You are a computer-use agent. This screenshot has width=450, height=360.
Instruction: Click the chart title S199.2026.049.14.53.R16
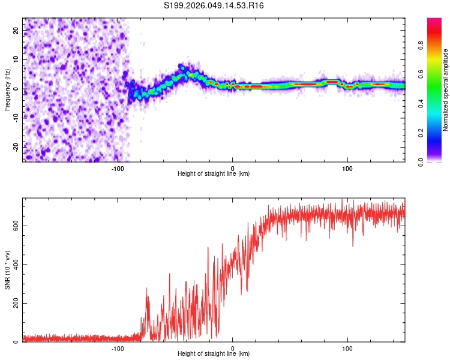(214, 5)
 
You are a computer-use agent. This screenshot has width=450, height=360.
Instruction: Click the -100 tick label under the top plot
(118, 169)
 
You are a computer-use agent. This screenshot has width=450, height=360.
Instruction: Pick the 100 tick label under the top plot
(347, 169)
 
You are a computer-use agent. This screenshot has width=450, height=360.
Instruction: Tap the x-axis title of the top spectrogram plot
(214, 174)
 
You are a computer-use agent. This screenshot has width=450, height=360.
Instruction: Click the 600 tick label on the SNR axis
(15, 226)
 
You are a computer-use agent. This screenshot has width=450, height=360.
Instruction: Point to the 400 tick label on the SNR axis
(15, 265)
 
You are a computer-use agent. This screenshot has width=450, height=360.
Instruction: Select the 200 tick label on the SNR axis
(15, 304)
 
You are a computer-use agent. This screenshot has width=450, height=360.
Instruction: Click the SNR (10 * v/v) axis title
(7, 270)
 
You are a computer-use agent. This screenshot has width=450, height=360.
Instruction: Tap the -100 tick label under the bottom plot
(118, 349)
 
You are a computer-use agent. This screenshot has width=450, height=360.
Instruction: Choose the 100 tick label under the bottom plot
(347, 349)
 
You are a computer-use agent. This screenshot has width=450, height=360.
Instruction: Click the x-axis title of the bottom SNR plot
(214, 354)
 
